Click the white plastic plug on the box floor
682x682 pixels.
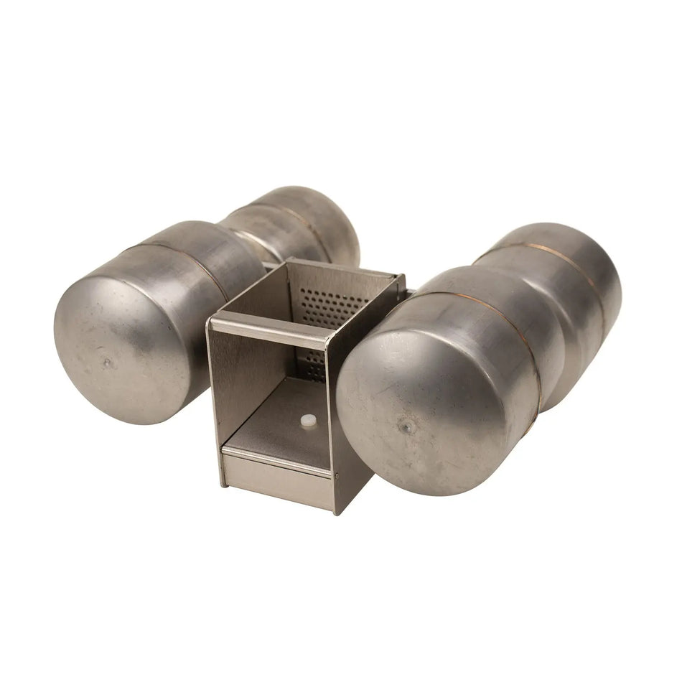(x=308, y=421)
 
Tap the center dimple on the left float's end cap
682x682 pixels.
(x=108, y=363)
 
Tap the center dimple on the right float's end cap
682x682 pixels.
(x=407, y=426)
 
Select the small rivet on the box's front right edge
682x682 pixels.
(x=335, y=474)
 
